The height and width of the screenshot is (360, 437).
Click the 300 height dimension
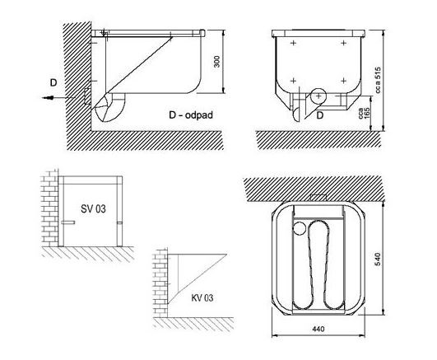pos(216,62)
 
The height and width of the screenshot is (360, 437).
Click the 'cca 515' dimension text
pos(378,80)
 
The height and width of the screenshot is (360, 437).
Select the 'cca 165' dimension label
pos(364,114)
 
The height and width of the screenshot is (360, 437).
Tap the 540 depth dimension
pos(378,259)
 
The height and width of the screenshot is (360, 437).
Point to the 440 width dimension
pos(318,330)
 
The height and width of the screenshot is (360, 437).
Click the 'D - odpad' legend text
pos(191,115)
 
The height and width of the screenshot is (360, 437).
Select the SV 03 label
pos(93,208)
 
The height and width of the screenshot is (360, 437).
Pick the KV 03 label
pos(202,297)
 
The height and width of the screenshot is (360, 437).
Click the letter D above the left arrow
pos(53,83)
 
